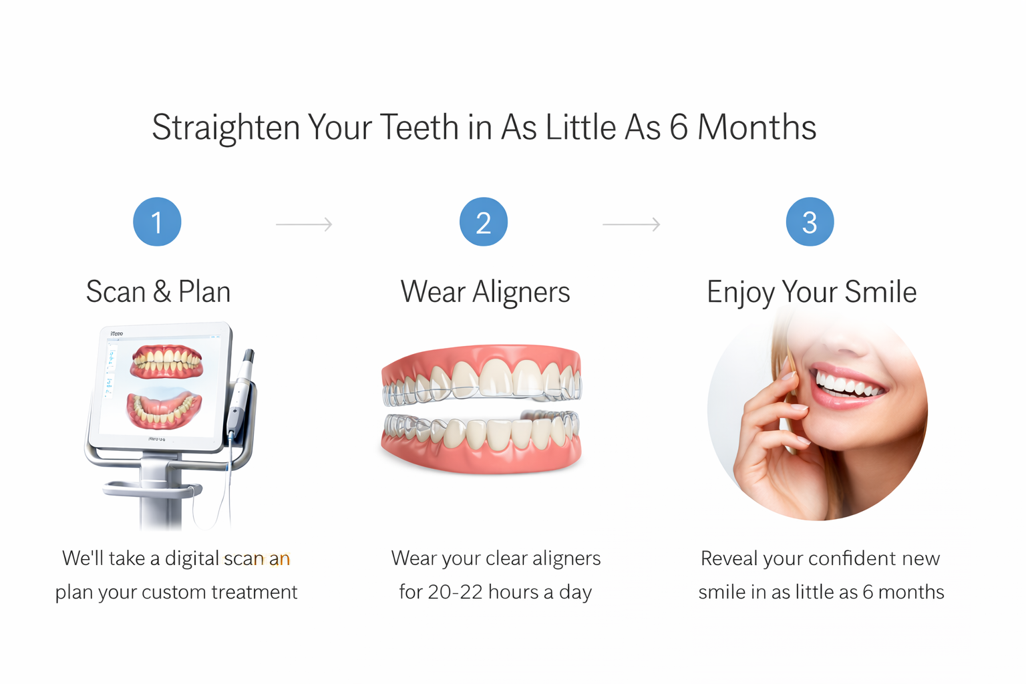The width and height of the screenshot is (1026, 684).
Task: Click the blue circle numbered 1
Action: tap(157, 222)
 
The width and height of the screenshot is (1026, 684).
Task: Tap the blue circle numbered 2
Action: tap(483, 222)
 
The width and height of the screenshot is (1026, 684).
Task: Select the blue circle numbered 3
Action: tap(810, 222)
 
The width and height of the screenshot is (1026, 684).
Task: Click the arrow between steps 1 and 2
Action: tap(304, 224)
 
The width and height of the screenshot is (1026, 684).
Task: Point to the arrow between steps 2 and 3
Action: tap(631, 224)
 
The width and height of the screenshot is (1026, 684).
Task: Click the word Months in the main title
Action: tap(756, 127)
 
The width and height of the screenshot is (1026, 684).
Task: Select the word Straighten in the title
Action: tap(226, 128)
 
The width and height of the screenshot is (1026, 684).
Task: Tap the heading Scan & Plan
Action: tap(158, 292)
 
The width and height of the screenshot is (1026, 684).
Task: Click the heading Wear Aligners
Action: tap(485, 292)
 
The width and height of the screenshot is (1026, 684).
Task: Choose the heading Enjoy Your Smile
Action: tap(812, 292)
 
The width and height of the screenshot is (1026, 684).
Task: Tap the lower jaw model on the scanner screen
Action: tap(164, 409)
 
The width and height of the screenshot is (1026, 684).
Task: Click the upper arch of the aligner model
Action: tap(481, 377)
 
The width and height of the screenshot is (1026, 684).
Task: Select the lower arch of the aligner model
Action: tap(481, 438)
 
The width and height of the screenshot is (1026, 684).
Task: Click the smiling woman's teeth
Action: tap(848, 385)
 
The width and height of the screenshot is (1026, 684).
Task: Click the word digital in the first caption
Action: tap(192, 558)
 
